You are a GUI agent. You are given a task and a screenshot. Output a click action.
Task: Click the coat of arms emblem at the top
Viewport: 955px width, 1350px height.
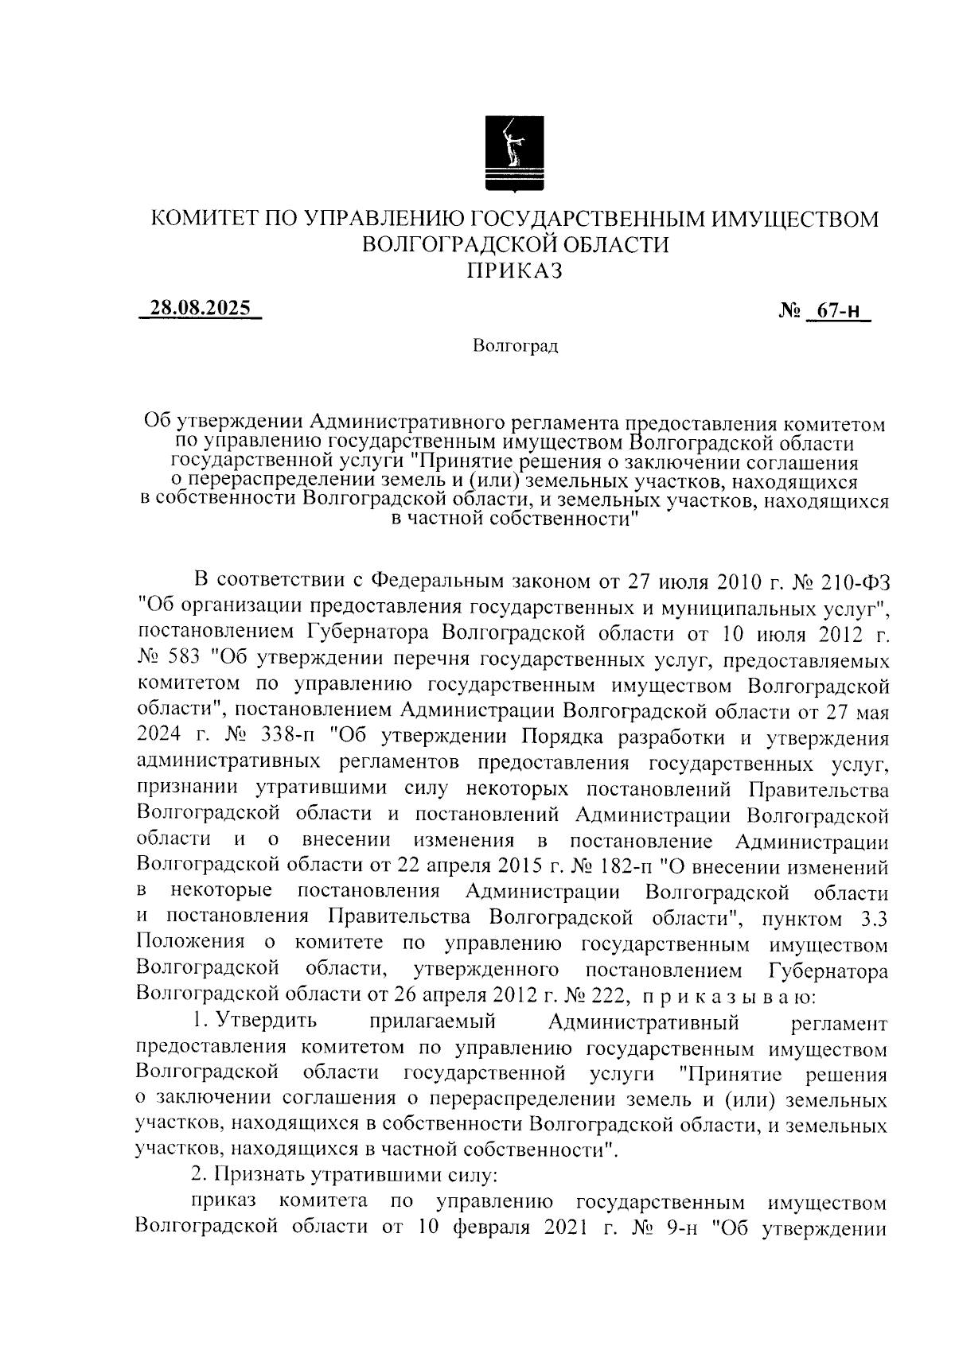pos(515,154)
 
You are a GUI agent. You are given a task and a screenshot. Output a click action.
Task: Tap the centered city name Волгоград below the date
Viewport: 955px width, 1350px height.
pos(515,346)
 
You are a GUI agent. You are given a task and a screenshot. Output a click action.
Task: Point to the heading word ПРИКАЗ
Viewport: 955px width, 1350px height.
pos(514,270)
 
